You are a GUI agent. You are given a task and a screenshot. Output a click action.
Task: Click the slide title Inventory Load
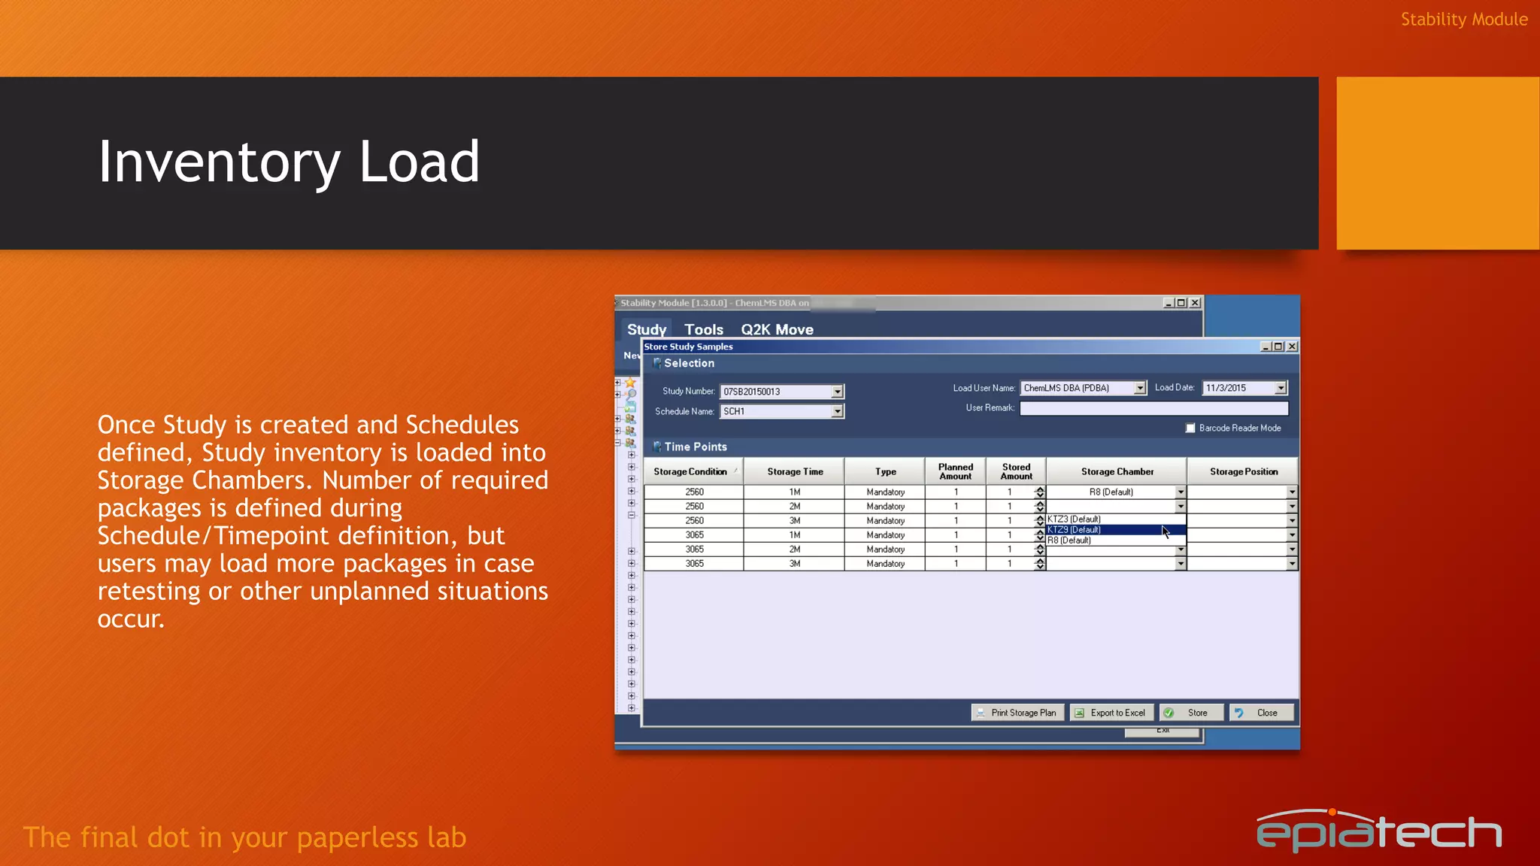[289, 162]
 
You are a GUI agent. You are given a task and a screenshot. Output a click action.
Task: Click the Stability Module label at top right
[1463, 20]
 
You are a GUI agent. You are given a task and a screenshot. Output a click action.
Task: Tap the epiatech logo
[1378, 831]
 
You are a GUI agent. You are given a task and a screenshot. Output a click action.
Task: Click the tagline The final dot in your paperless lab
[245, 837]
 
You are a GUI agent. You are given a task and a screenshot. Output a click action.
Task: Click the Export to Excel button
[1110, 713]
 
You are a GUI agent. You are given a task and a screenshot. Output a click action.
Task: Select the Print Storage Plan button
[1017, 713]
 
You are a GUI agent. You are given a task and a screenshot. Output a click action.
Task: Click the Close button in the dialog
[1261, 713]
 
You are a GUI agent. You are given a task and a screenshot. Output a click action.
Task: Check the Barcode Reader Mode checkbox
[1190, 428]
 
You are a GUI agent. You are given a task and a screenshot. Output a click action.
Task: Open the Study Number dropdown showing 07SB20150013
[837, 392]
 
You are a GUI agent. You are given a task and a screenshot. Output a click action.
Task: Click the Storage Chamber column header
[1117, 471]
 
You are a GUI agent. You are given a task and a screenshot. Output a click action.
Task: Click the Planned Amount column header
[955, 471]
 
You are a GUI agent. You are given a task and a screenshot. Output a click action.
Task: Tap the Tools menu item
[703, 329]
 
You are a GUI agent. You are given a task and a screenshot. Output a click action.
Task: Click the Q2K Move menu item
[777, 329]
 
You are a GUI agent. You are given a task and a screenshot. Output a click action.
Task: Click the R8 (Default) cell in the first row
[1111, 492]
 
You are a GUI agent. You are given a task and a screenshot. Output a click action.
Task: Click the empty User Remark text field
[1153, 408]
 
